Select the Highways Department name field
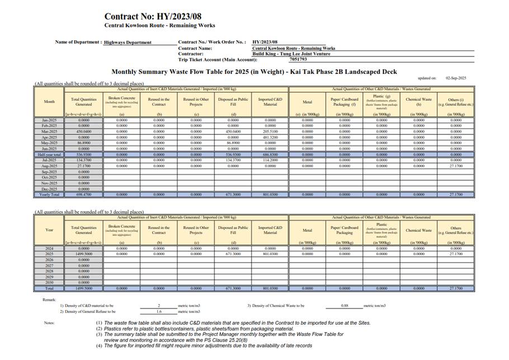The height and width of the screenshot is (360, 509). tap(128, 43)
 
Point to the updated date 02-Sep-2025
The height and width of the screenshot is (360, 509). tap(456, 78)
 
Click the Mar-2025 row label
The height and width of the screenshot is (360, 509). tap(49, 132)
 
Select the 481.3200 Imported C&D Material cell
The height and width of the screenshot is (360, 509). tap(270, 137)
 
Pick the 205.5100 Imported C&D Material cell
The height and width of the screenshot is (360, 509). tap(270, 132)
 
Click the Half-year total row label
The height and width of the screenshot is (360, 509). tap(49, 155)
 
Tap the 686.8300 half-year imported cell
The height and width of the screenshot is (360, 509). tap(270, 155)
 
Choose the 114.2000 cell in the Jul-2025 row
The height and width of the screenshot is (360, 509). tap(270, 160)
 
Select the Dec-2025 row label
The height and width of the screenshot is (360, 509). tap(49, 189)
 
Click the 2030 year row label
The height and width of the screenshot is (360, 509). tap(49, 283)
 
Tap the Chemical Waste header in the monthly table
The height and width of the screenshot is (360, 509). tap(418, 102)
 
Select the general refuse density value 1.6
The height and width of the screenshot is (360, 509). tap(159, 311)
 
